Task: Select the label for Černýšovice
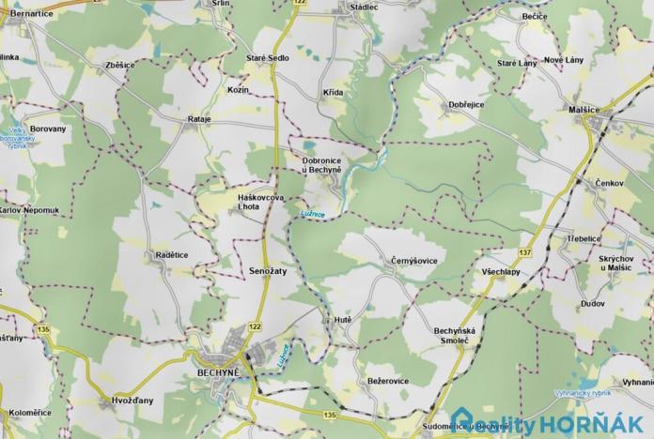click(x=414, y=260)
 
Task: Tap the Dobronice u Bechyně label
click(x=321, y=165)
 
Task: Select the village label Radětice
click(x=171, y=254)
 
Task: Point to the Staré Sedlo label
click(x=269, y=58)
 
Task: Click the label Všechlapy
click(x=502, y=271)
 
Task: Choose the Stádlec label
click(x=363, y=6)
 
